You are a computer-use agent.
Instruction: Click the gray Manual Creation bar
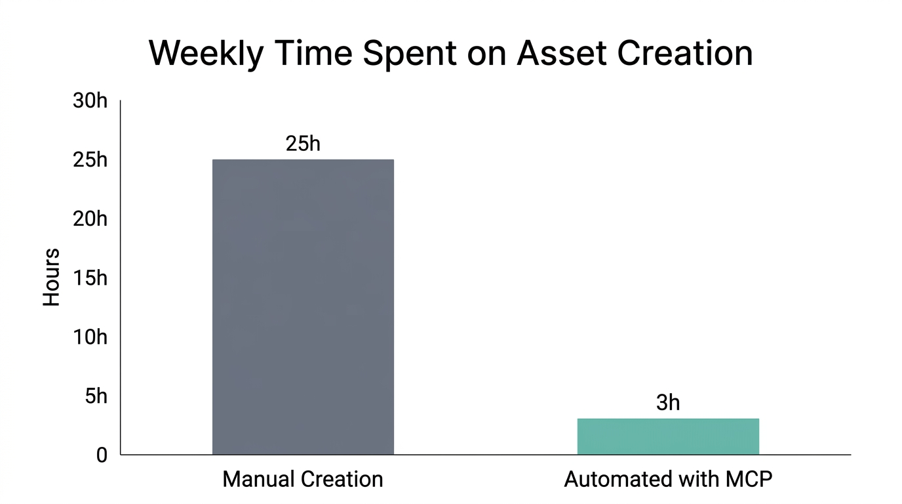pyautogui.click(x=303, y=306)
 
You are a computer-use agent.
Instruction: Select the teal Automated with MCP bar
pyautogui.click(x=668, y=436)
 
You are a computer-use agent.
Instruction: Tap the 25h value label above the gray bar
pyautogui.click(x=303, y=144)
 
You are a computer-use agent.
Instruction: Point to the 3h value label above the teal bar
pyautogui.click(x=668, y=403)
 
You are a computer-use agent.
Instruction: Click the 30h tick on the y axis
pyautogui.click(x=88, y=102)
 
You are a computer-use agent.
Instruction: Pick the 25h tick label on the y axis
pyautogui.click(x=88, y=160)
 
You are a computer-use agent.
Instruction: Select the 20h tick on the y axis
pyautogui.click(x=88, y=219)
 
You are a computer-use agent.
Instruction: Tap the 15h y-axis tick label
pyautogui.click(x=88, y=278)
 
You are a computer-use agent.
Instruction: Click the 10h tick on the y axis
pyautogui.click(x=88, y=337)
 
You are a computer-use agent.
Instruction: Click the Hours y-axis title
pyautogui.click(x=52, y=277)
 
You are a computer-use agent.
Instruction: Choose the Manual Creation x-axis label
pyautogui.click(x=303, y=479)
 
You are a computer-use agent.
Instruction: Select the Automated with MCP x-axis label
pyautogui.click(x=668, y=479)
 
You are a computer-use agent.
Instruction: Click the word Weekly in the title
pyautogui.click(x=206, y=54)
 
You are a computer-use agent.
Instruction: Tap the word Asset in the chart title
pyautogui.click(x=558, y=54)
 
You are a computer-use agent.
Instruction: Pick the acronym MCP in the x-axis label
pyautogui.click(x=749, y=479)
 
